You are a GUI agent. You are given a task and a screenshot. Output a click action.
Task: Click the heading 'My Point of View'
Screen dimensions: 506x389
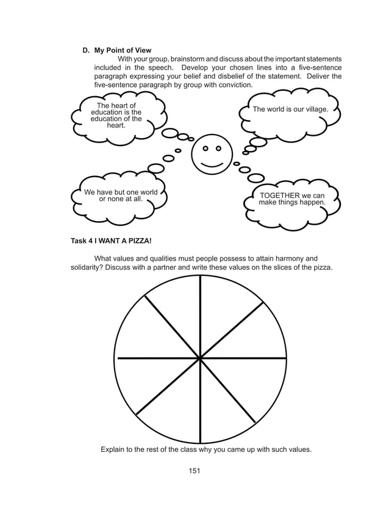(123, 50)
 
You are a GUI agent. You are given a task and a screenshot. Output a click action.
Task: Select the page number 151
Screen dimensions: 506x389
(194, 470)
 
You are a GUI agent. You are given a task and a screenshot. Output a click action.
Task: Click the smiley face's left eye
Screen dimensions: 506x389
(205, 149)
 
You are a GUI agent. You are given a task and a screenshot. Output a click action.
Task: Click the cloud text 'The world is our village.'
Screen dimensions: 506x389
(290, 110)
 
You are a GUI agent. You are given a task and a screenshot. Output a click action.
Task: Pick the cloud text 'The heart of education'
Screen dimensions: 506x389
(116, 115)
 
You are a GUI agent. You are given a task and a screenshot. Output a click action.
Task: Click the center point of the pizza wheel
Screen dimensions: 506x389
(200, 359)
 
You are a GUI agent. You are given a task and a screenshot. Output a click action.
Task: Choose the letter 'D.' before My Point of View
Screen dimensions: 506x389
(87, 50)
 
